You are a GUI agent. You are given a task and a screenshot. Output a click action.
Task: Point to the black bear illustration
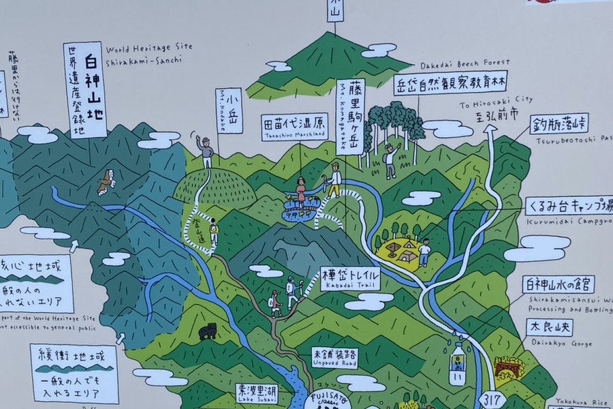click(x=207, y=332)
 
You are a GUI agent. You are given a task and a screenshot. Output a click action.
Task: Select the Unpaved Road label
click(x=334, y=357)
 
